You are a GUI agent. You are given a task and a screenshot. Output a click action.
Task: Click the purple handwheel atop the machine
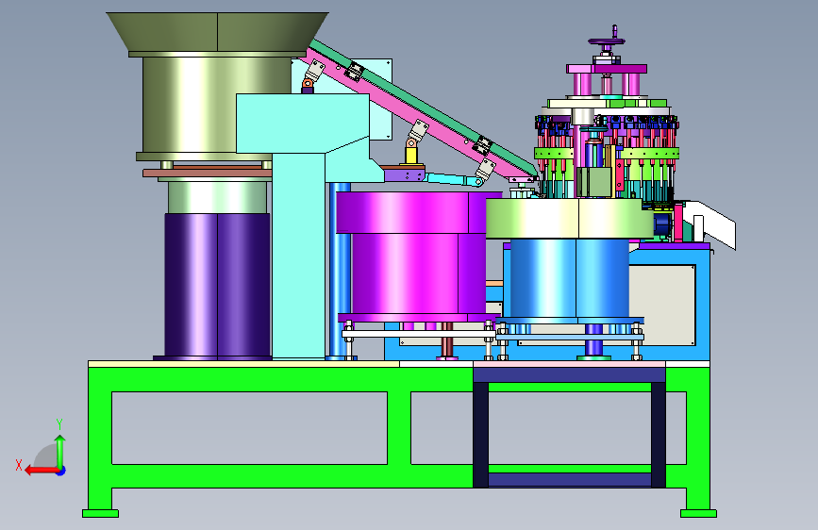[x=607, y=41]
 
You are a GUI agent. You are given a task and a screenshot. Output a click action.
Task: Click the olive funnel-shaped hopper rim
[x=218, y=32]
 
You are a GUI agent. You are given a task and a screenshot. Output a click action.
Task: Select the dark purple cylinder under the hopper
[x=218, y=286]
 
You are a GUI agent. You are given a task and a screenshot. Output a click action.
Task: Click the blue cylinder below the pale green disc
[x=570, y=279]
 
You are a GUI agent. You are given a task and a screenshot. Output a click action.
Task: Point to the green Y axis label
[x=59, y=424]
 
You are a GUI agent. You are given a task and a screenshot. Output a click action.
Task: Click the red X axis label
[x=19, y=465]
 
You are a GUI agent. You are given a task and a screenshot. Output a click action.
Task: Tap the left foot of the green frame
[x=100, y=514]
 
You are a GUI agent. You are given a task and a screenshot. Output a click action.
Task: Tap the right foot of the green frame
[x=698, y=514]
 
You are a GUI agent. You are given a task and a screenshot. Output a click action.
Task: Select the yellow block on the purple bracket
[x=412, y=156]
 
